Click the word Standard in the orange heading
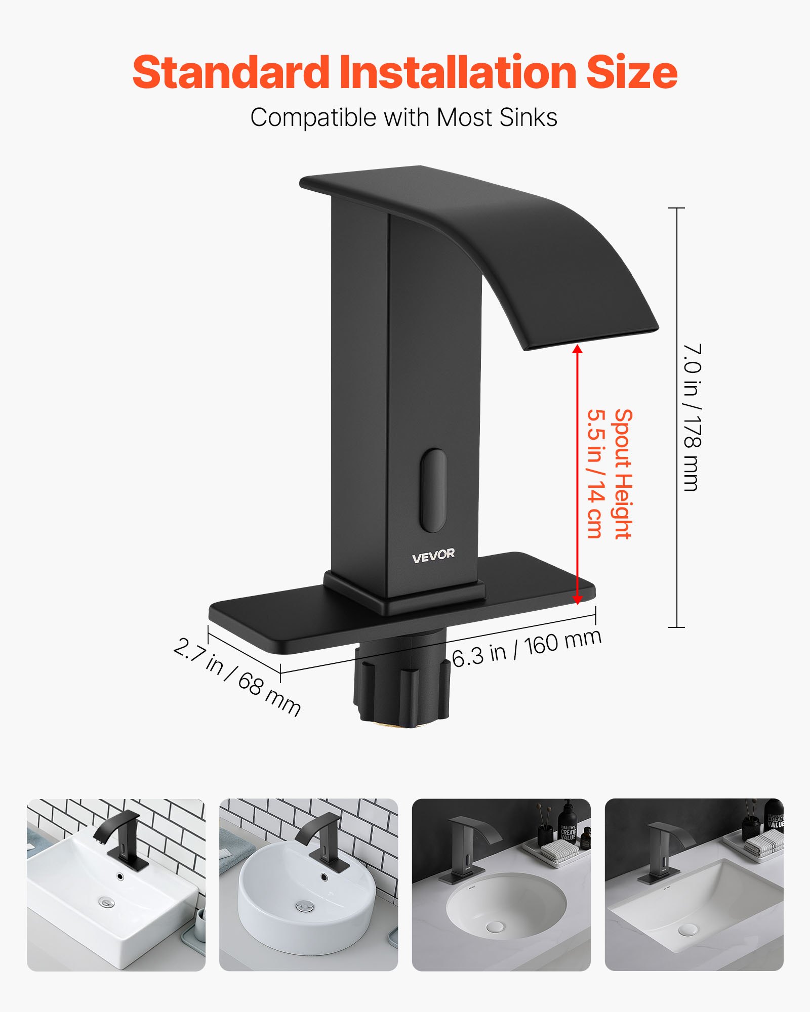pyautogui.click(x=230, y=72)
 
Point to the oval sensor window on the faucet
pyautogui.click(x=433, y=490)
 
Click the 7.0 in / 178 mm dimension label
pyautogui.click(x=692, y=417)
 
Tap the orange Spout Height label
pyautogui.click(x=624, y=474)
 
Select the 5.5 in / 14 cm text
pyautogui.click(x=596, y=474)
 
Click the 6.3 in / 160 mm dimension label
pyautogui.click(x=526, y=648)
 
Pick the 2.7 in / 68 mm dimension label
pyautogui.click(x=237, y=677)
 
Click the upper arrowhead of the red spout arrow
pyautogui.click(x=577, y=350)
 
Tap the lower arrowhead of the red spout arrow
pyautogui.click(x=577, y=599)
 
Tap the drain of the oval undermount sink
pyautogui.click(x=494, y=925)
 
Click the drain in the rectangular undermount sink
pyautogui.click(x=687, y=930)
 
